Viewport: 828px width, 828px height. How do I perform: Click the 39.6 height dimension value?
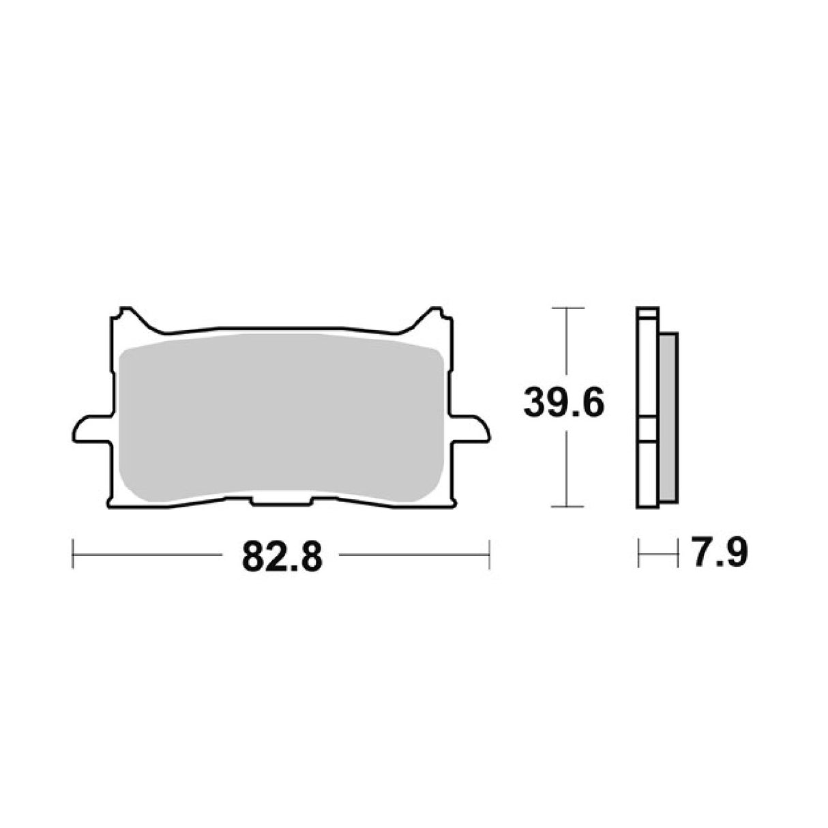563,404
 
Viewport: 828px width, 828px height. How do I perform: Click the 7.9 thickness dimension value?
718,553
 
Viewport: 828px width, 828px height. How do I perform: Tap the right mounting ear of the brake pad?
471,429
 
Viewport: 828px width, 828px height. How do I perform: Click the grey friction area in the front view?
281,416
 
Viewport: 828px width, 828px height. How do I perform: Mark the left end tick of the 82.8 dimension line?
72,554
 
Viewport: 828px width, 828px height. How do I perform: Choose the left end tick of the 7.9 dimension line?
638,553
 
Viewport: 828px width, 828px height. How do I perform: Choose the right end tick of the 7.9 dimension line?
678,553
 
